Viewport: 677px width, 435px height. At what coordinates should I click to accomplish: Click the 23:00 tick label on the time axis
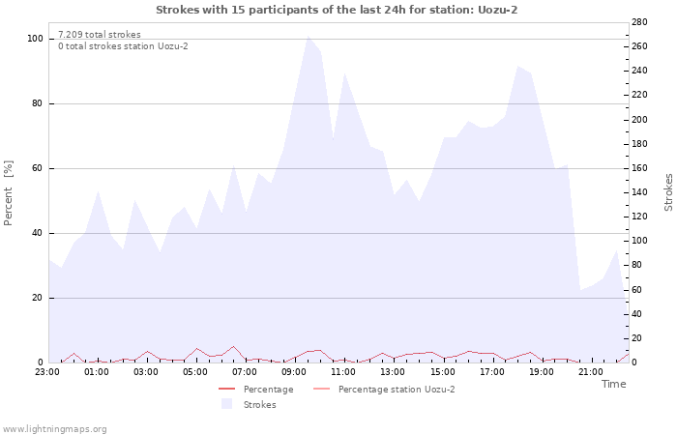(47, 371)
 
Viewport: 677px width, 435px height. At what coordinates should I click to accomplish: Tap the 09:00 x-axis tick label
(294, 371)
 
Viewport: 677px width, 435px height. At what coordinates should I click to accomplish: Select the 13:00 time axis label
(393, 371)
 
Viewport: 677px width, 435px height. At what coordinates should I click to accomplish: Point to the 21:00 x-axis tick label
(590, 371)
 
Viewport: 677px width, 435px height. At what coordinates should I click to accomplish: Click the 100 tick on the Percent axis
(35, 39)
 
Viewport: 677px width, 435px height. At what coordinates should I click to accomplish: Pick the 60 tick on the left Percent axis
(38, 168)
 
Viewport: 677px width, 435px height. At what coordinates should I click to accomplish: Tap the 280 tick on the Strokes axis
(638, 22)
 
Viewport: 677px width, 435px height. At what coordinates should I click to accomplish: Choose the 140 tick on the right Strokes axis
(638, 192)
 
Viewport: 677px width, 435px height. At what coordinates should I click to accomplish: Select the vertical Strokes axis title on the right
(668, 192)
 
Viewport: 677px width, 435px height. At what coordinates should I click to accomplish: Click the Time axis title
(613, 384)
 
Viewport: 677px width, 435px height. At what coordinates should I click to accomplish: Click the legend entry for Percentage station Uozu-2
(396, 390)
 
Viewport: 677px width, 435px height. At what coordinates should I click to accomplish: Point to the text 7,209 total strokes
(100, 35)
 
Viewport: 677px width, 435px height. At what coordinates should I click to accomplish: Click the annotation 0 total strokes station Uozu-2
(123, 46)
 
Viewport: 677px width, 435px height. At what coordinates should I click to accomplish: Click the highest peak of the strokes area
(308, 37)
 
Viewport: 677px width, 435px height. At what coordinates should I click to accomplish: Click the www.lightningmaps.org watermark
(54, 429)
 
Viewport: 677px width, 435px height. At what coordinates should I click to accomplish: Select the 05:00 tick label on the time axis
(195, 371)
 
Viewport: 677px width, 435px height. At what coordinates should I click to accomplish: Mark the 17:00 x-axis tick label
(491, 371)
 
